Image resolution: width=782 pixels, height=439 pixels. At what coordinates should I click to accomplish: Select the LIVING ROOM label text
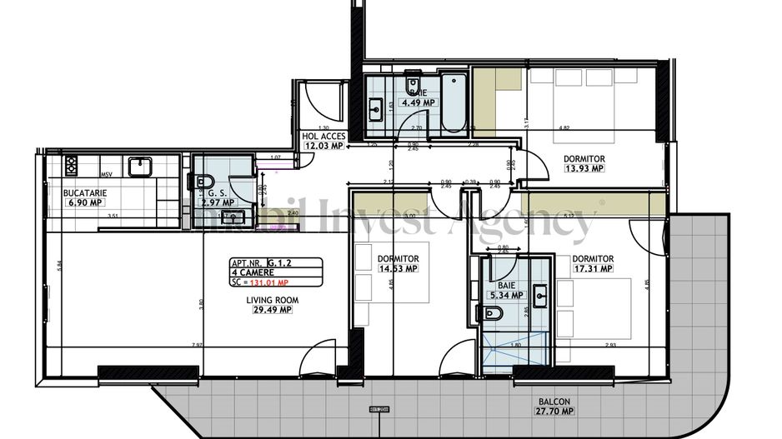(x=268, y=300)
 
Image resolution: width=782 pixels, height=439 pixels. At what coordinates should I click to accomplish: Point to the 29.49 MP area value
(x=268, y=310)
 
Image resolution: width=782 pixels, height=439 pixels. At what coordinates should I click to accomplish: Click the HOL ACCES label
(x=323, y=136)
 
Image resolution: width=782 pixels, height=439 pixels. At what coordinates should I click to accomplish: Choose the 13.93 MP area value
(x=584, y=168)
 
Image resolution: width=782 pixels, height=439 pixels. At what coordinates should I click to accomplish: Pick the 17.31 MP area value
(x=593, y=268)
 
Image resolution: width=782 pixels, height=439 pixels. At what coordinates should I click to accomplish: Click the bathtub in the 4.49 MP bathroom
(x=454, y=103)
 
